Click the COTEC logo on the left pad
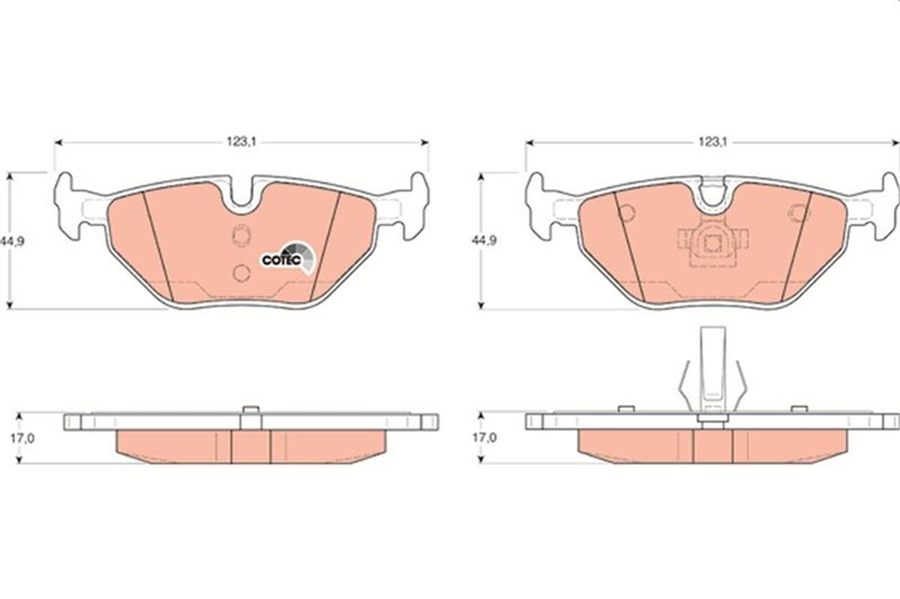pos(286,257)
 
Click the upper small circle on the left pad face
pos(241,236)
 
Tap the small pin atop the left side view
pos(251,409)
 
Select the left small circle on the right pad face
pos(627,213)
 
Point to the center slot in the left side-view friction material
pos(250,446)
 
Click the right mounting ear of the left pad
pos(412,206)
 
